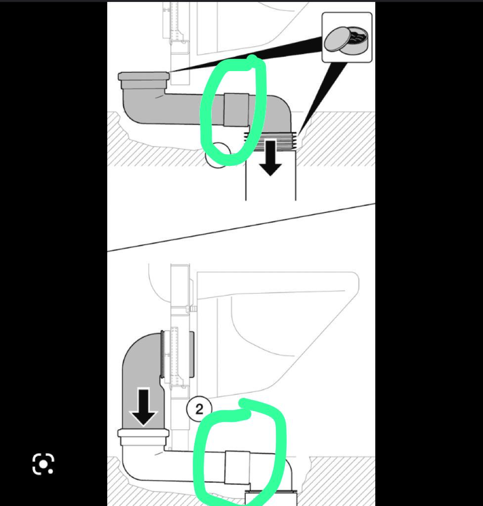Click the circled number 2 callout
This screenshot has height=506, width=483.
pos(199,409)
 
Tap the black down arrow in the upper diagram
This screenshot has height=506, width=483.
pos(270,158)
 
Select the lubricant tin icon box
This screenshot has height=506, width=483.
pos(347,38)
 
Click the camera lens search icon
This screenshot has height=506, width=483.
pos(44,464)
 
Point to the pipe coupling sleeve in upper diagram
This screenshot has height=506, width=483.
pos(236,110)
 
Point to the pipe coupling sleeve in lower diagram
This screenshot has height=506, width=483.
pos(237,467)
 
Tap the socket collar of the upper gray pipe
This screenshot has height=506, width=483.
pos(144,81)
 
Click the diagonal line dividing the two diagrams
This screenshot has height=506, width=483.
pos(241,227)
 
